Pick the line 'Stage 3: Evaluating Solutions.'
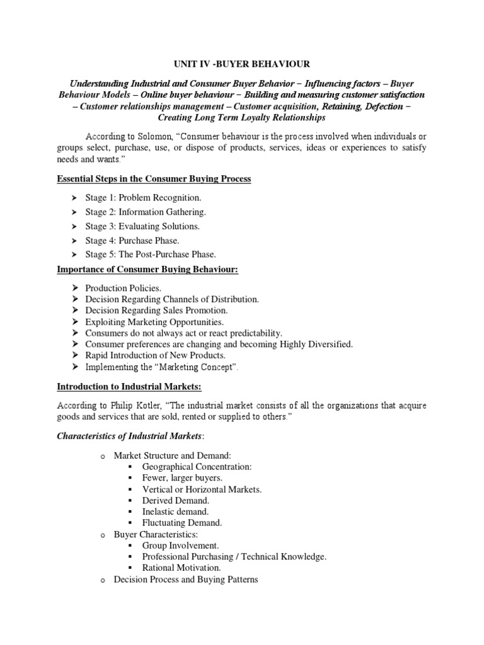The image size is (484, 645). pos(142,226)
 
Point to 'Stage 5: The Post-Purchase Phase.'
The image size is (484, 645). pos(151,254)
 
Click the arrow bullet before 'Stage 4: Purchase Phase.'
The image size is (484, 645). pos(72,241)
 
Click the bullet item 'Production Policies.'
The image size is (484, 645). pos(118,288)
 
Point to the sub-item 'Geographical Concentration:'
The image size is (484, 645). pos(197,466)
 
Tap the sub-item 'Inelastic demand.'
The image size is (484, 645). pos(175,511)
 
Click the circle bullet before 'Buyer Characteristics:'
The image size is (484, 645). pos(102,534)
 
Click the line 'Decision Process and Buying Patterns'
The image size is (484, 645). pos(186,579)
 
